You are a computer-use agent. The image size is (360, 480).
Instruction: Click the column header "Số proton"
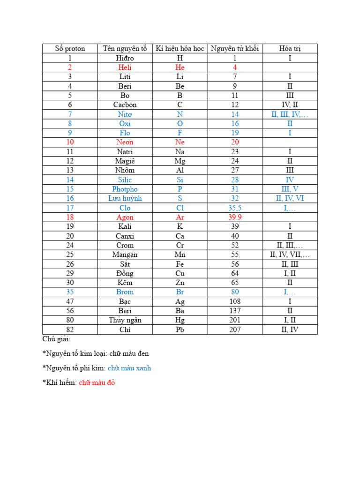pyautogui.click(x=70, y=49)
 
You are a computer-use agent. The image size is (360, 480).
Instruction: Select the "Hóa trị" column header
pyautogui.click(x=290, y=49)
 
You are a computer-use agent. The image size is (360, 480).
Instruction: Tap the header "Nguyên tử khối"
pyautogui.click(x=235, y=49)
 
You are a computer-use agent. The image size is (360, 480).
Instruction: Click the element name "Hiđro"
pyautogui.click(x=125, y=58)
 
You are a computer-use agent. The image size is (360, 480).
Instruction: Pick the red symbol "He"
pyautogui.click(x=180, y=67)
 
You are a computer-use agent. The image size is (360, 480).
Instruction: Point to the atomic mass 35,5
pyautogui.click(x=235, y=208)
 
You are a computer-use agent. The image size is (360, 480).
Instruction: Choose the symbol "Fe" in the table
pyautogui.click(x=180, y=264)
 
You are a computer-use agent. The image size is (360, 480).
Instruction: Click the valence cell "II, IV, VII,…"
pyautogui.click(x=290, y=255)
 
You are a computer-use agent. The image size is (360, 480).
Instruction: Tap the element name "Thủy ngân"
pyautogui.click(x=125, y=320)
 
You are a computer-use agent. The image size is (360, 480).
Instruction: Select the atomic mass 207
pyautogui.click(x=235, y=330)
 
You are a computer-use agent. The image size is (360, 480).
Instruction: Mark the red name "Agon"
pyautogui.click(x=125, y=217)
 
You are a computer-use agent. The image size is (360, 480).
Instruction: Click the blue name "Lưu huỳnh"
pyautogui.click(x=125, y=198)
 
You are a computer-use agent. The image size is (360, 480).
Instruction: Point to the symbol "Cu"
pyautogui.click(x=180, y=273)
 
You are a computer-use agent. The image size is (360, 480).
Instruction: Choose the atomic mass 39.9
pyautogui.click(x=235, y=217)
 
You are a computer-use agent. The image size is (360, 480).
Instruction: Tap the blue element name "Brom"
pyautogui.click(x=125, y=292)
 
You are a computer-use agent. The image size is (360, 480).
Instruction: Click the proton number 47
pyautogui.click(x=70, y=301)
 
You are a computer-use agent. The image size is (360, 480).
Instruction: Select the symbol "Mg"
pyautogui.click(x=180, y=161)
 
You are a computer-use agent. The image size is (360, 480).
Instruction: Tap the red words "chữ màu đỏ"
pyautogui.click(x=97, y=382)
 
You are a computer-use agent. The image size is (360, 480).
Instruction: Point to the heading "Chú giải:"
pyautogui.click(x=56, y=339)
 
